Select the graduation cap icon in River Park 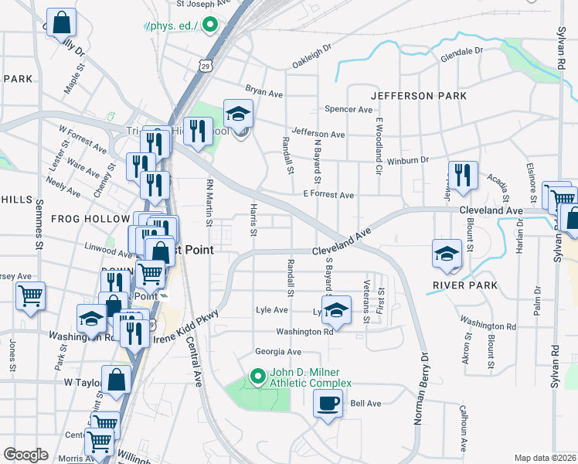[447, 255]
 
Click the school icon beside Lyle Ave [335, 309]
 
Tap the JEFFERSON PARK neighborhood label [418, 96]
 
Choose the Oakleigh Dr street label [311, 54]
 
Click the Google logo [25, 455]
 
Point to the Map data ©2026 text [545, 458]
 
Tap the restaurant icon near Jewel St [462, 175]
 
